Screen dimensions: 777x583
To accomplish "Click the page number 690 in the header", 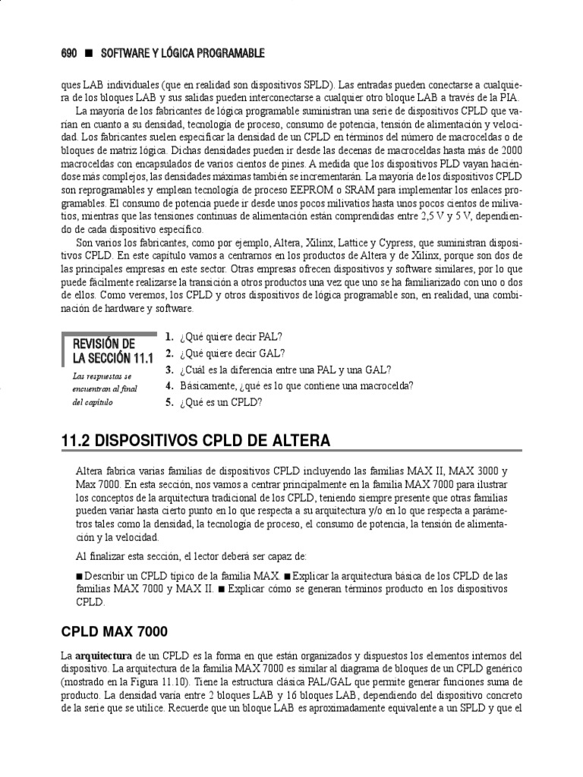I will [69, 53].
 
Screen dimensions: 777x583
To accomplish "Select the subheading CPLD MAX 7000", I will [114, 631].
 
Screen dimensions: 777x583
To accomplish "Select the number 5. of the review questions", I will [169, 403].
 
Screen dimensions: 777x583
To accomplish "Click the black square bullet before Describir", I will [80, 575].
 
